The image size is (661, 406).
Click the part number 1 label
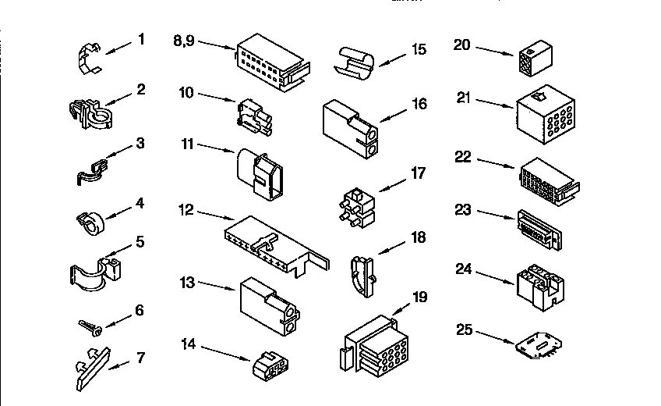tap(141, 37)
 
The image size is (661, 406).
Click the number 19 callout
tap(419, 297)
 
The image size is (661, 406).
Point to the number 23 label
tap(465, 208)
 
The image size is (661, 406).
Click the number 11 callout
tap(186, 144)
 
